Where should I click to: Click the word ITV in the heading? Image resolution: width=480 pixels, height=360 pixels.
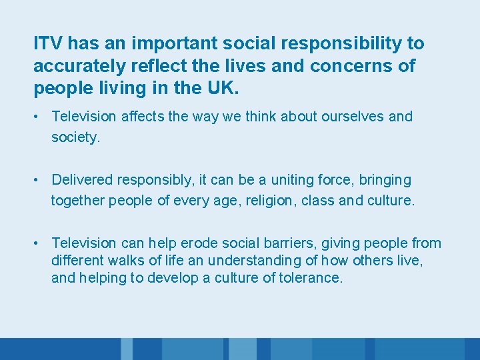click(47, 44)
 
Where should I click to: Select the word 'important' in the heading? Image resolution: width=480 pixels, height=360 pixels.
click(174, 44)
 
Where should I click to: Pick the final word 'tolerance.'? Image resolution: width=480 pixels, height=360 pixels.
click(313, 277)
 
